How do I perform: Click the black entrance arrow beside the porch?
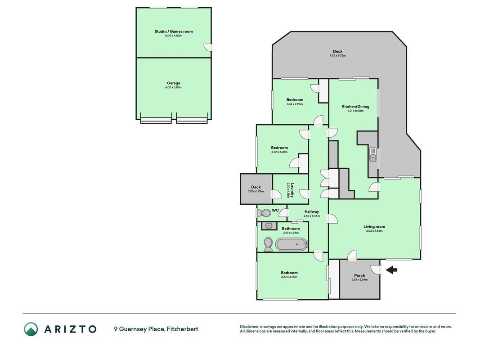(391, 270)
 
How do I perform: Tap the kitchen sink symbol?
(373, 155)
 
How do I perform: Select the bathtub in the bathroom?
(292, 244)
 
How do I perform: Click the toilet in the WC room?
(263, 213)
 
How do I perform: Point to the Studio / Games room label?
(174, 31)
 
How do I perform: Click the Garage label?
(174, 83)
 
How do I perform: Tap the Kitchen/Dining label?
(355, 107)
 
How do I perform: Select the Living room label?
(374, 226)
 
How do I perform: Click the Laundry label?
(293, 190)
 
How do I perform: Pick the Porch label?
(360, 275)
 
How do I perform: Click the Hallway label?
(312, 211)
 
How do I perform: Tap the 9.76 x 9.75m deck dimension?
(338, 56)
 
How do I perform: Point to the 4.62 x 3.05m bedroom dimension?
(289, 277)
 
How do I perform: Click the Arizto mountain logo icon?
(31, 329)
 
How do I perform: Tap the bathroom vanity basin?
(269, 226)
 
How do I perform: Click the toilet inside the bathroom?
(268, 244)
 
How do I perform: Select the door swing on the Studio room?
(208, 47)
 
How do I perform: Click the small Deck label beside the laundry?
(256, 187)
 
